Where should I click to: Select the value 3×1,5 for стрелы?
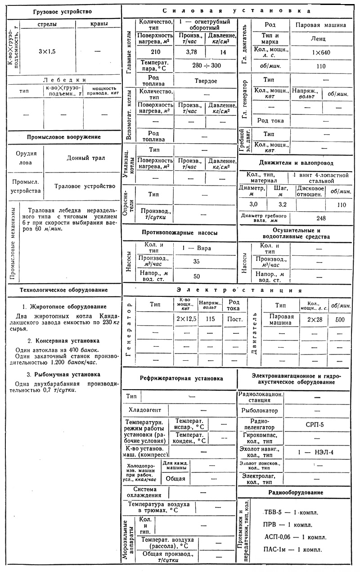click(x=46, y=51)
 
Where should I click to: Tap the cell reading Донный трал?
click(x=85, y=158)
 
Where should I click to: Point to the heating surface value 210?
click(x=156, y=52)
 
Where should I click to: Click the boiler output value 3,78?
click(x=188, y=52)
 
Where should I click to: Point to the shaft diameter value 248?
click(x=321, y=218)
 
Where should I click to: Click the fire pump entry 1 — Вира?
click(x=197, y=248)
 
